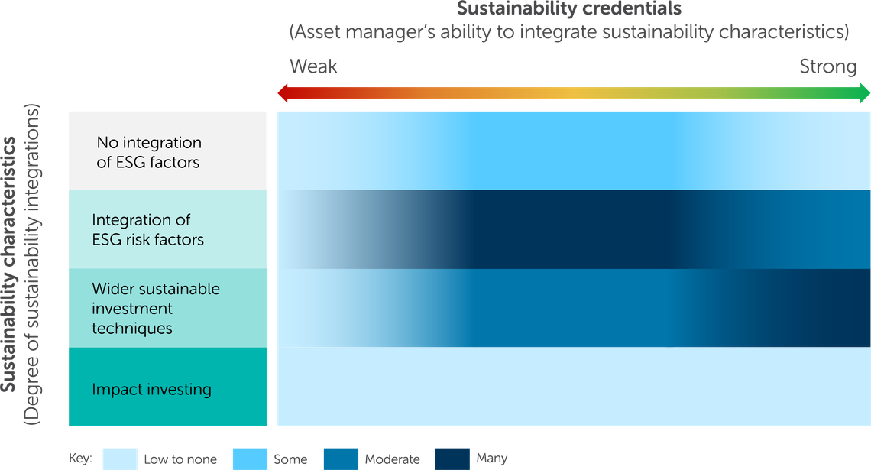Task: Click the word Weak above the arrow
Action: pos(313,67)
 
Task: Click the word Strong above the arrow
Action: pos(828,67)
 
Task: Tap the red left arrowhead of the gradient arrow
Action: pos(281,93)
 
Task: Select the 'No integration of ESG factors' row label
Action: pos(149,151)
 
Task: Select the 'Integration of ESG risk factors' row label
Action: pos(148,230)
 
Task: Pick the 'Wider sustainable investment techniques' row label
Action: pos(156,309)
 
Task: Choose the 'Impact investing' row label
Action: pos(151,389)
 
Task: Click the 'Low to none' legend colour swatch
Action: pos(119,458)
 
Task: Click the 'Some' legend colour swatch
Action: pos(248,458)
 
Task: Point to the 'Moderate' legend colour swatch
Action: pos(342,458)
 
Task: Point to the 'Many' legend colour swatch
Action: pos(453,458)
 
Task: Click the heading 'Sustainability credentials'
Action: pos(569,10)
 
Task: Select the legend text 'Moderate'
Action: pos(392,459)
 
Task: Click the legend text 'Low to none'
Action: pos(180,459)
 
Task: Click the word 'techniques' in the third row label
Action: pos(132,329)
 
